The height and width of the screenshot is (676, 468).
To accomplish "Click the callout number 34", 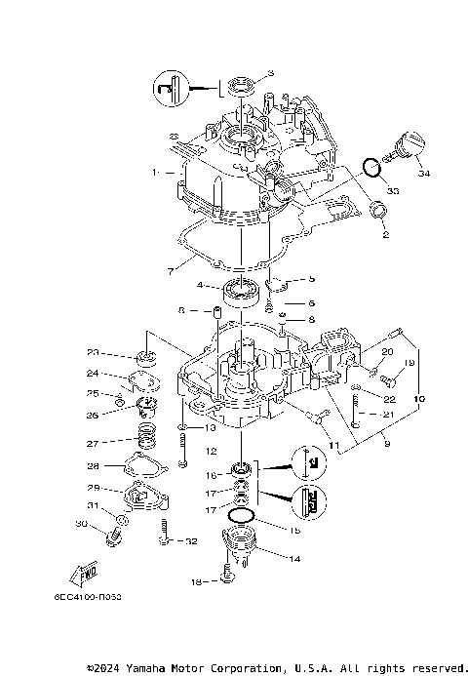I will (423, 175).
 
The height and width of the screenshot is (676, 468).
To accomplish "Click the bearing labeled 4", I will (241, 287).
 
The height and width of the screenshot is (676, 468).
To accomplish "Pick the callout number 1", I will (154, 172).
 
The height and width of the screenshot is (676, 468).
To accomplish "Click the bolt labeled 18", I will (226, 578).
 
